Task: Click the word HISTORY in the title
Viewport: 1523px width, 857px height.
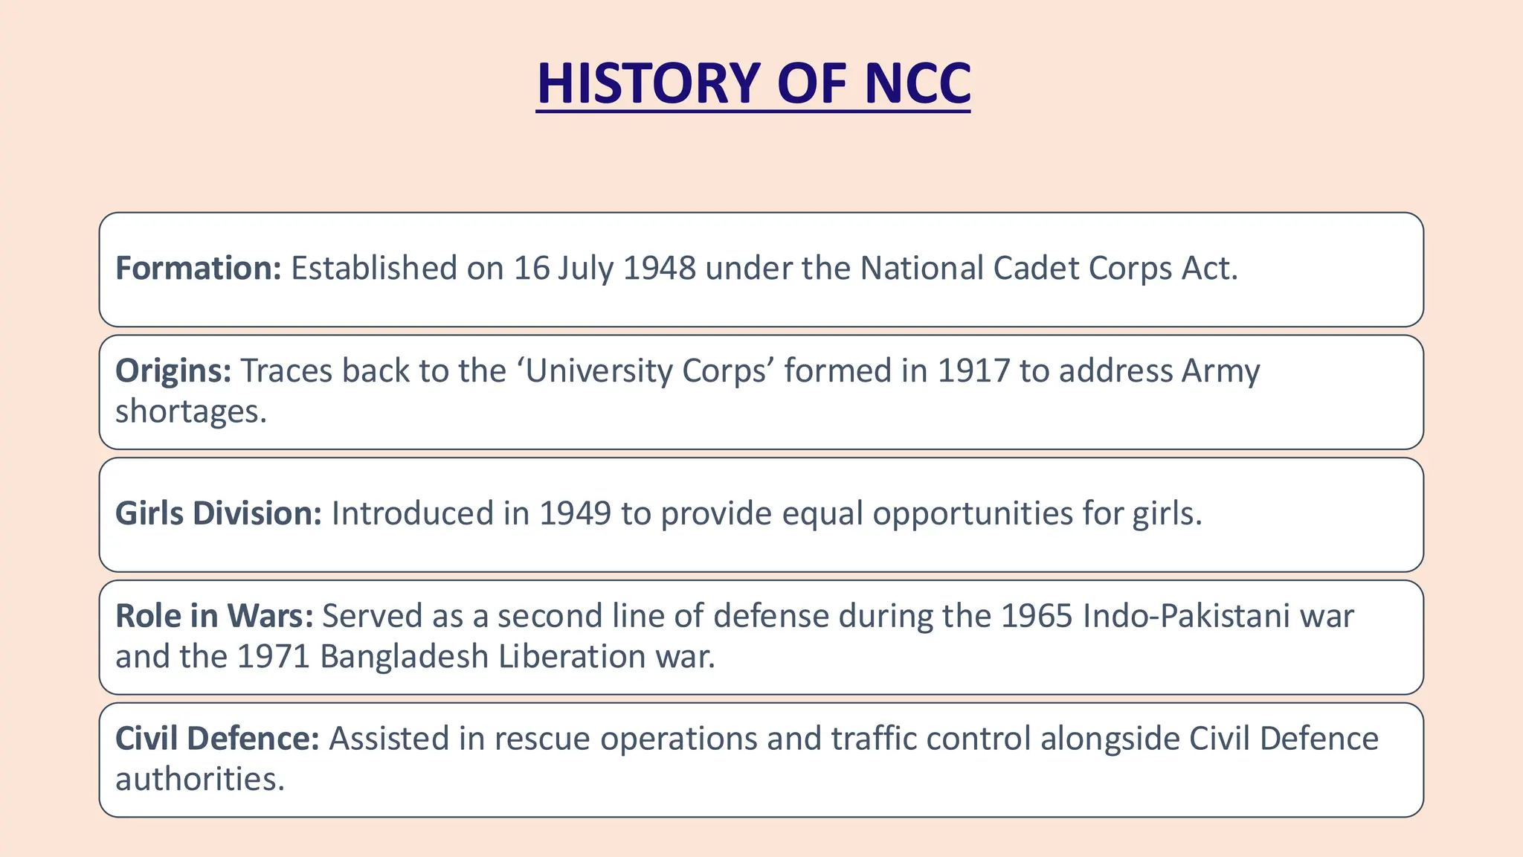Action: click(x=648, y=83)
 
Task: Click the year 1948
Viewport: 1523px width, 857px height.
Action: click(x=659, y=269)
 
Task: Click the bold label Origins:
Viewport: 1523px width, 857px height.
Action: click(x=173, y=370)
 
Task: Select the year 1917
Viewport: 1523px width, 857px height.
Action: click(x=973, y=370)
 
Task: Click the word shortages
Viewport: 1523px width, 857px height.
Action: click(x=190, y=411)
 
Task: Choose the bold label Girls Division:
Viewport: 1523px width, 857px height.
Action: click(x=219, y=513)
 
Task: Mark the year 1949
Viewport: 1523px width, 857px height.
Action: click(x=575, y=513)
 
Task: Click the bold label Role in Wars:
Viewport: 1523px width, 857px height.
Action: click(x=214, y=616)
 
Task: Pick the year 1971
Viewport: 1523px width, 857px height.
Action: click(x=273, y=657)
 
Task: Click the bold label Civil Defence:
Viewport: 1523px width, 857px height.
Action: click(x=217, y=739)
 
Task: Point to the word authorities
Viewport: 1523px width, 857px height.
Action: click(x=200, y=780)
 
